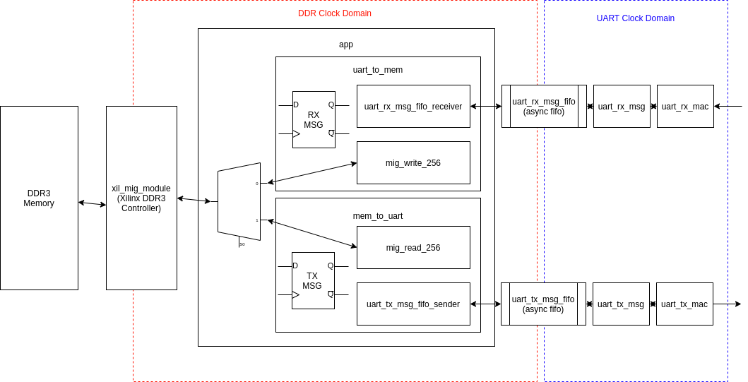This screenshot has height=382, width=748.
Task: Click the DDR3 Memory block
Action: [39, 198]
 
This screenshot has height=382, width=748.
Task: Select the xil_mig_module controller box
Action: [141, 198]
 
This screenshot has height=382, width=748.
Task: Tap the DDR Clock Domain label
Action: [334, 13]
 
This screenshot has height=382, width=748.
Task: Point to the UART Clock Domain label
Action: [635, 18]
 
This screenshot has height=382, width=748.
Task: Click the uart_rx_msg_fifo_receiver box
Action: [413, 107]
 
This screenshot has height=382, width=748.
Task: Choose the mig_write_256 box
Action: [413, 163]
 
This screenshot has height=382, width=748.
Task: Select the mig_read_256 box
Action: [413, 248]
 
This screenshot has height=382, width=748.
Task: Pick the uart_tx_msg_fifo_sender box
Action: [413, 304]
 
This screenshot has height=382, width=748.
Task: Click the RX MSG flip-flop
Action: [314, 120]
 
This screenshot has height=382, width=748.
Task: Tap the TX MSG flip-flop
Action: [313, 281]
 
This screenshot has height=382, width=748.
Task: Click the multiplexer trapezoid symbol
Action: [239, 202]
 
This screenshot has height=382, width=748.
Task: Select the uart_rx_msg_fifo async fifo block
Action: [544, 107]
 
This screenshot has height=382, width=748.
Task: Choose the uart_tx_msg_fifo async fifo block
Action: [543, 304]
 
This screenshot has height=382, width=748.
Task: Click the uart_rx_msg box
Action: [622, 107]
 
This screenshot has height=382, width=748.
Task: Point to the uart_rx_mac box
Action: [685, 107]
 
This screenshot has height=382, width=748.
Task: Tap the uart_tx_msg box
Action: [621, 304]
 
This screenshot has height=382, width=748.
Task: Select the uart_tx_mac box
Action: [684, 304]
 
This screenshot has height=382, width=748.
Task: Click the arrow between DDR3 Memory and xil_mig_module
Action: [92, 203]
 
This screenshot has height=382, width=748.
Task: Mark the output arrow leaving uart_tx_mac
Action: [728, 304]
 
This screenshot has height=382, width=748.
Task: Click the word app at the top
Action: [346, 44]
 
